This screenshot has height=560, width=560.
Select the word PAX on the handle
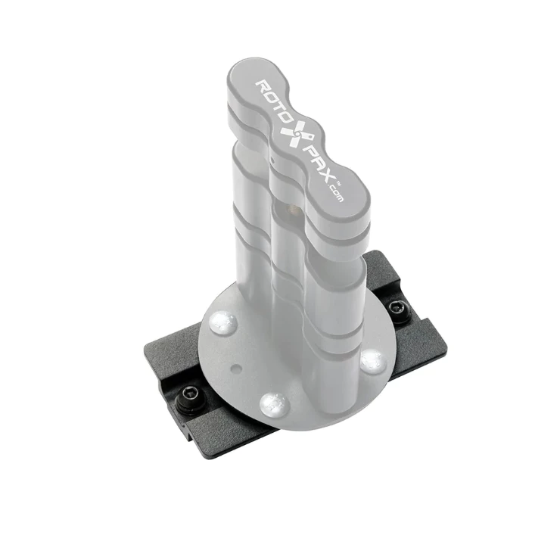pyautogui.click(x=317, y=162)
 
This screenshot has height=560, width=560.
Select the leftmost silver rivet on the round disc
pyautogui.click(x=223, y=323)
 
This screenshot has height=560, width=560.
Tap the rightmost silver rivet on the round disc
pyautogui.click(x=372, y=361)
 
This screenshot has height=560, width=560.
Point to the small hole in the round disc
pyautogui.click(x=238, y=369)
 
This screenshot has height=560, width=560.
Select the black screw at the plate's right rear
pyautogui.click(x=398, y=309)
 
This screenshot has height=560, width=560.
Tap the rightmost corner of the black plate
pyautogui.click(x=446, y=350)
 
